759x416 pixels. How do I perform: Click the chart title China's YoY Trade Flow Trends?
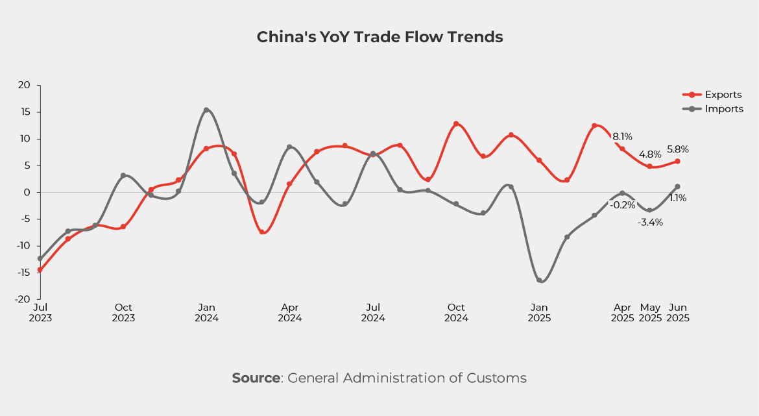pyautogui.click(x=379, y=37)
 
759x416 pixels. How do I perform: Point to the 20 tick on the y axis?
pyautogui.click(x=25, y=85)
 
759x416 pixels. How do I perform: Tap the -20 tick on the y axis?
pyautogui.click(x=23, y=299)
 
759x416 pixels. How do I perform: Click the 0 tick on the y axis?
pyautogui.click(x=28, y=192)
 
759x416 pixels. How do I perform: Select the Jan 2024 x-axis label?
pyautogui.click(x=206, y=312)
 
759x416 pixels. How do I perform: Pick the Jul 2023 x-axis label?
pyautogui.click(x=40, y=312)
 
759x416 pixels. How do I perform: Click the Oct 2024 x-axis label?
pyautogui.click(x=456, y=312)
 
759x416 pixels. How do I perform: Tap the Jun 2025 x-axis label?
pyautogui.click(x=677, y=312)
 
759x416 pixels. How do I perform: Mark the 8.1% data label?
pyautogui.click(x=622, y=137)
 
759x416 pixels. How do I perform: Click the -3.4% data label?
pyautogui.click(x=649, y=223)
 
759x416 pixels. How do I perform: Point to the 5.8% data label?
pyautogui.click(x=677, y=149)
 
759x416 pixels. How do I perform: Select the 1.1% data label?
pyautogui.click(x=677, y=199)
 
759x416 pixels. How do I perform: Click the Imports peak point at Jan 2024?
pyautogui.click(x=206, y=110)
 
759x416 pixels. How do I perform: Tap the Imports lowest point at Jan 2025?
pyautogui.click(x=539, y=280)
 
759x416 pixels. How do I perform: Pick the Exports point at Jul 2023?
pyautogui.click(x=40, y=269)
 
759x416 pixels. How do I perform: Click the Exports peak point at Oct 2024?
pyautogui.click(x=456, y=123)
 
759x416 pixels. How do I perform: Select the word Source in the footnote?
pyautogui.click(x=256, y=378)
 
